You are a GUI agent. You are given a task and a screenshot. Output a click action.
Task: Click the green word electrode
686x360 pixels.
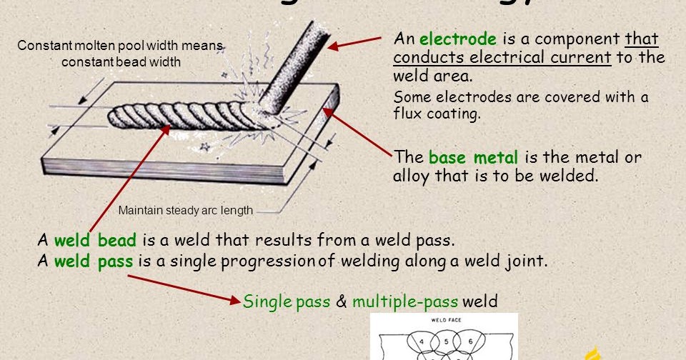(457, 39)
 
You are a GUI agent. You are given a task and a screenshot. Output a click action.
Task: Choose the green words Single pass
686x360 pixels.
(287, 301)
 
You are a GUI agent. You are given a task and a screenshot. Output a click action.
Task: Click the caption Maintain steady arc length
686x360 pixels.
(185, 211)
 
